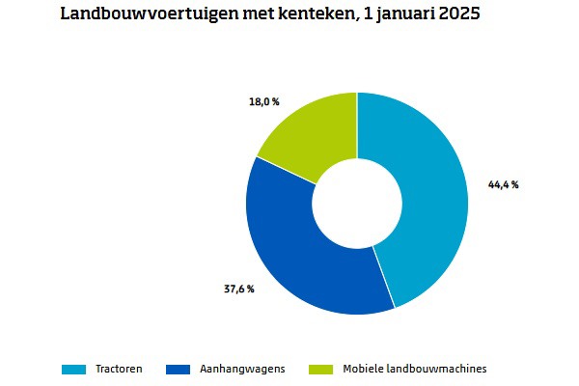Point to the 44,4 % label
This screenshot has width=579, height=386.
tap(502, 184)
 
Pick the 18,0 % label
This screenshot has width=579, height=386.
tap(263, 100)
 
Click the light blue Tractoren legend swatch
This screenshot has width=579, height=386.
tap(74, 369)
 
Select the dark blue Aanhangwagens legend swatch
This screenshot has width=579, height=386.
tap(179, 369)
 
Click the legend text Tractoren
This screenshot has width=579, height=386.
tap(119, 369)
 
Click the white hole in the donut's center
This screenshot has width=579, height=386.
tap(357, 204)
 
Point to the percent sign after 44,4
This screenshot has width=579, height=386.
tap(515, 184)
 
